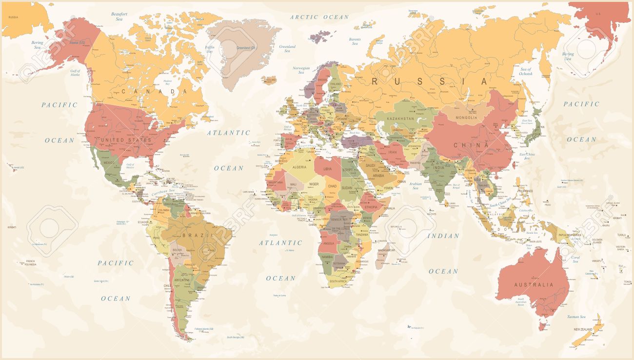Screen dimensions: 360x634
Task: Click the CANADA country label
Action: (x=154, y=91)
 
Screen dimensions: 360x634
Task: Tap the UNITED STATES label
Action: (x=126, y=140)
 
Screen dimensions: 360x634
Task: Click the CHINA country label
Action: (x=471, y=145)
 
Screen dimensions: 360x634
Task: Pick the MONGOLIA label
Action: (x=466, y=118)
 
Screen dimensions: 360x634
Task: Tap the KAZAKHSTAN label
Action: (x=400, y=119)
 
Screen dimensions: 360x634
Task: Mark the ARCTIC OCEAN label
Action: (x=319, y=17)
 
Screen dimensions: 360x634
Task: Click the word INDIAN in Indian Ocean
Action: (x=443, y=236)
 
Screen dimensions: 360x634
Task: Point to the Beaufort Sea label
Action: (x=119, y=17)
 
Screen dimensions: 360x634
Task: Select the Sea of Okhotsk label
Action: (x=526, y=72)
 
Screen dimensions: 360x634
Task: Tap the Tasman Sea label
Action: (x=579, y=317)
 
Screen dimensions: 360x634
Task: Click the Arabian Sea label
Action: (x=416, y=186)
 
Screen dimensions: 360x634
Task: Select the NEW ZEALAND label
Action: (x=583, y=330)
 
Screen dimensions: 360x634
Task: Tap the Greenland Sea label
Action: (x=287, y=49)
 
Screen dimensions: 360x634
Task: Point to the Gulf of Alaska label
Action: (x=75, y=73)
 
